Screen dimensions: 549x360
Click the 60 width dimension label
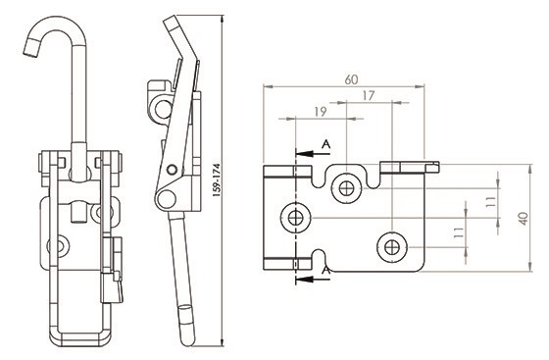[351, 79]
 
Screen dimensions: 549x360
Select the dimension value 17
[369, 95]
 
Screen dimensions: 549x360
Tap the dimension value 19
[321, 112]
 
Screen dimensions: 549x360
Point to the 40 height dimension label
[524, 218]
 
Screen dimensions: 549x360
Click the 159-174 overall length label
[217, 180]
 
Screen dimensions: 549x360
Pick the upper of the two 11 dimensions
[491, 202]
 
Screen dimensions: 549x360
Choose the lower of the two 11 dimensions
[459, 232]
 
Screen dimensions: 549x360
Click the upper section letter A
[325, 144]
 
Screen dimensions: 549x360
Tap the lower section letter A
[325, 271]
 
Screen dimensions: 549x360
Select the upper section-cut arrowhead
[304, 153]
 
